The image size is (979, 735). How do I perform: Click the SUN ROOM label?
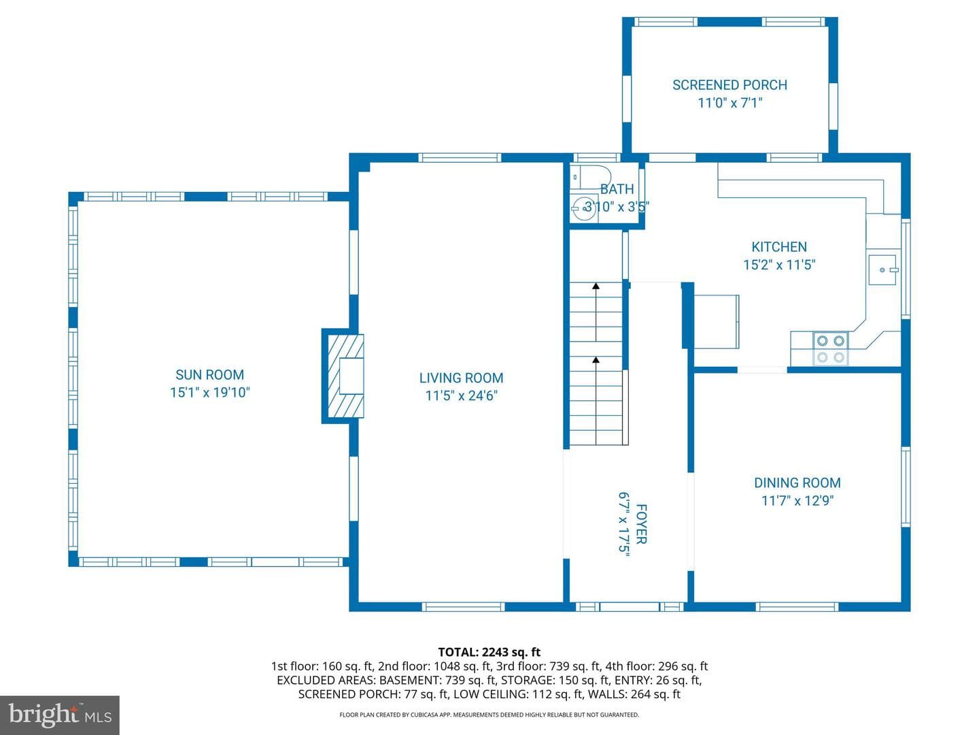[x=209, y=374]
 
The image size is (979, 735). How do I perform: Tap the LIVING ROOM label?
[x=461, y=378]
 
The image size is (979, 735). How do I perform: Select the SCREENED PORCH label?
[x=729, y=85]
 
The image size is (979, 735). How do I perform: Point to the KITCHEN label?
[x=779, y=247]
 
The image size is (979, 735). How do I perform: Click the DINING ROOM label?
[x=797, y=483]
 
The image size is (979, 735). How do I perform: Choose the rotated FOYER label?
[x=641, y=524]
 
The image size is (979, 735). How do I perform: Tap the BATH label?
[x=617, y=189]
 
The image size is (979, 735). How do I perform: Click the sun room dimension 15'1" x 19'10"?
[x=209, y=392]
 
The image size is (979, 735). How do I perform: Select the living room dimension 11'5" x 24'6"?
[x=461, y=396]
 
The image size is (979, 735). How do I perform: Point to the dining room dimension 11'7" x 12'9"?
[x=797, y=501]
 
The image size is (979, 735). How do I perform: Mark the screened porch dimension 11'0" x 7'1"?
[x=729, y=103]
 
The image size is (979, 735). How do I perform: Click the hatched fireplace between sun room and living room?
[x=345, y=376]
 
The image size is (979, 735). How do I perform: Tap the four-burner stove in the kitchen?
[x=831, y=349]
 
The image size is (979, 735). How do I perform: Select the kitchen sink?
[x=882, y=270]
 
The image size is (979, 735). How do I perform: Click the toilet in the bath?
[x=591, y=177]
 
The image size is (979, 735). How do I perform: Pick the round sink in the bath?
[x=585, y=208]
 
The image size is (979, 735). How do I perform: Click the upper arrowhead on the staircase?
[x=596, y=286]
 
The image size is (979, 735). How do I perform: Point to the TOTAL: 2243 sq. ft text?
[x=489, y=652]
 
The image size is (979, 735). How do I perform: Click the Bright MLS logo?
[x=60, y=715]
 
